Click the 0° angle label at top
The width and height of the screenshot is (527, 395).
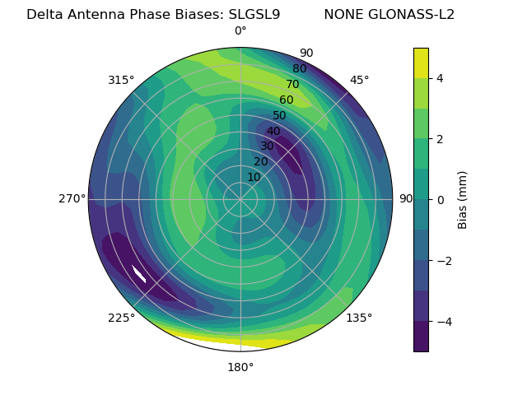pos(240,31)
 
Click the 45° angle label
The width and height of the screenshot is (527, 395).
pos(359,80)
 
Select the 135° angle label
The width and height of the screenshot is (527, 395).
pos(359,318)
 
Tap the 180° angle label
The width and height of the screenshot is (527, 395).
pos(240,367)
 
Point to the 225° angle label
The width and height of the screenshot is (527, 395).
pos(121,318)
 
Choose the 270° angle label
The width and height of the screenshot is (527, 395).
pos(72,198)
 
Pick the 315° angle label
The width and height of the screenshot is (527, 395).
pos(121,80)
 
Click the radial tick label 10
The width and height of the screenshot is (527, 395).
pos(254,177)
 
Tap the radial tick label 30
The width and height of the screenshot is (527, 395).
pos(267,146)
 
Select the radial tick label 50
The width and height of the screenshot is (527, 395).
pos(280,115)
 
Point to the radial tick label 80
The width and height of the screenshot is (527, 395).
pos(299,68)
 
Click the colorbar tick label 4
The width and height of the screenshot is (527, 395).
pos(440,78)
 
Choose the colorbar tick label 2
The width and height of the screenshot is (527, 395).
pos(440,139)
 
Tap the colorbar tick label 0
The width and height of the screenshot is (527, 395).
pos(440,199)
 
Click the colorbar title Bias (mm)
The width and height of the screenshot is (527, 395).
pos(463,199)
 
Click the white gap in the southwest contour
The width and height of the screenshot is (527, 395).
pos(139,274)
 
